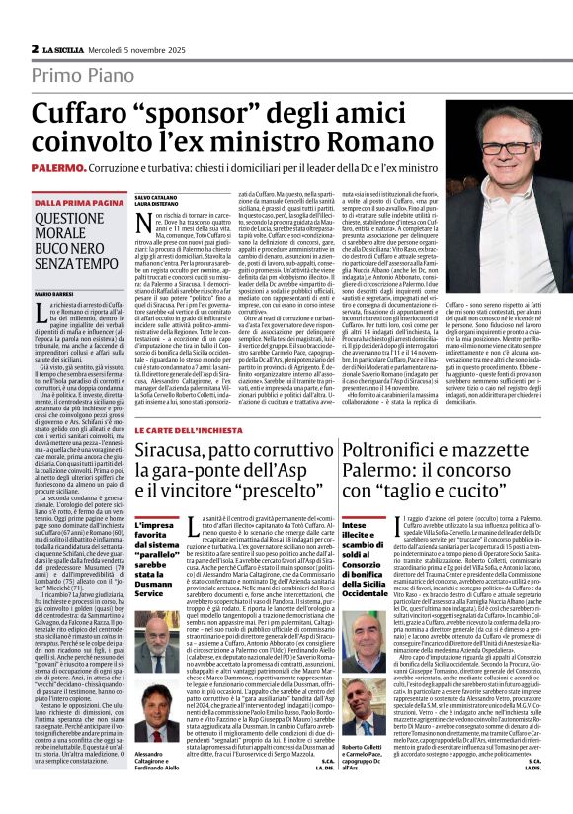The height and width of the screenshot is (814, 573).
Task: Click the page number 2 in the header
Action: point(35,48)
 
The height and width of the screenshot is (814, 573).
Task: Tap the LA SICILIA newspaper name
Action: point(68,48)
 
